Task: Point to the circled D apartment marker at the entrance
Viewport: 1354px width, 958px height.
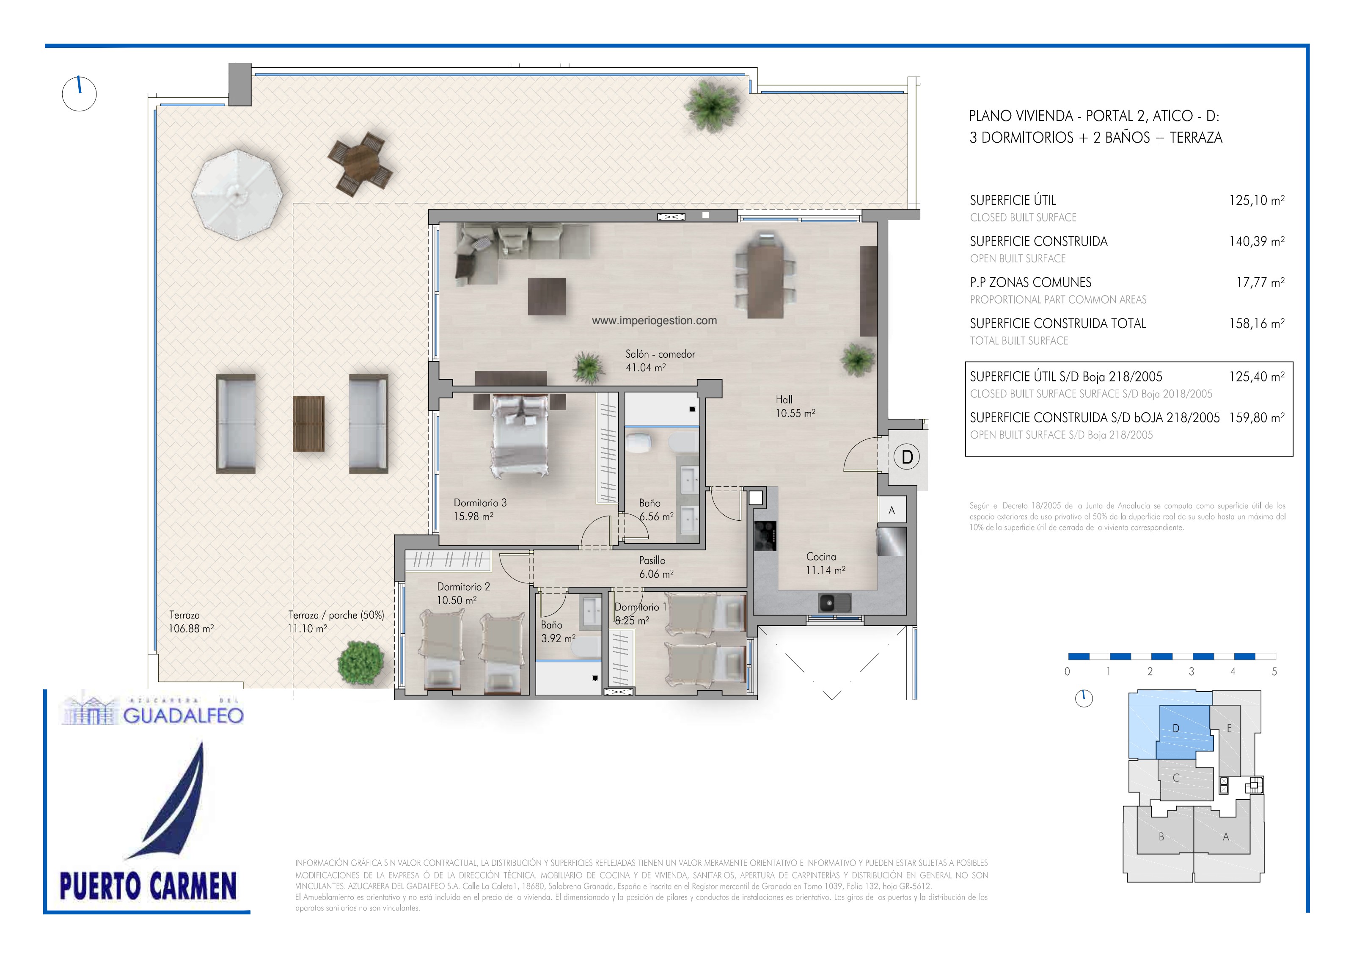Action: [x=907, y=457]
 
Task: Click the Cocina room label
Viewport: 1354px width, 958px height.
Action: [x=821, y=556]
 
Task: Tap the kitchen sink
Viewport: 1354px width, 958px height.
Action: [x=834, y=602]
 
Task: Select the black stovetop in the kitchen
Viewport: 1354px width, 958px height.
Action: [x=765, y=536]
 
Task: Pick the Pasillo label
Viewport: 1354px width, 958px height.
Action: [x=652, y=560]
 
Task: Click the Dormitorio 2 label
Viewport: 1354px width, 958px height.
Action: [x=463, y=587]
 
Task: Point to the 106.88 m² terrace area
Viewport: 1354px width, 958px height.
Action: [x=191, y=629]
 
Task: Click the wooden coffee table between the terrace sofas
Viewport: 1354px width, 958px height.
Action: [x=308, y=424]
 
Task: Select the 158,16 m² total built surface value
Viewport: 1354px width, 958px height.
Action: [x=1257, y=323]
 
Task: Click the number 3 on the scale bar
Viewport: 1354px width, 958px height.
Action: [x=1191, y=671]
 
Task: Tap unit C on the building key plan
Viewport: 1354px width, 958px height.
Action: [x=1175, y=778]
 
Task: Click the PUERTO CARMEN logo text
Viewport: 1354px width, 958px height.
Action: [x=148, y=886]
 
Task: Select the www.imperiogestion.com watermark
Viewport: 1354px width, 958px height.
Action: [x=655, y=321]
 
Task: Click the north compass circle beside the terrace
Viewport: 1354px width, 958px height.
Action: [x=79, y=94]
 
